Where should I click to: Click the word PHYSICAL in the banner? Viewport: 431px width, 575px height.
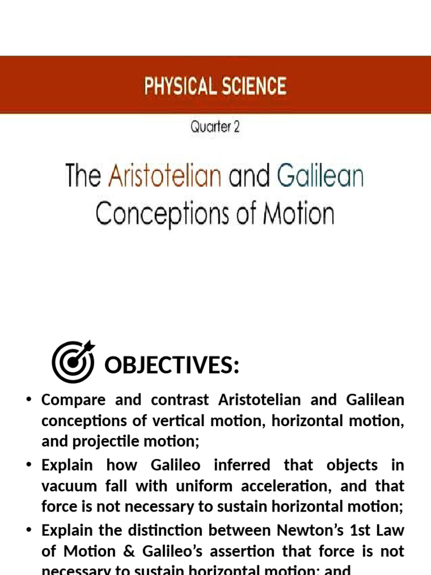click(x=177, y=86)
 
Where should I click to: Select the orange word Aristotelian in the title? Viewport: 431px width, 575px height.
click(x=165, y=176)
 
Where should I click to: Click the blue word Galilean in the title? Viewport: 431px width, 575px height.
click(x=320, y=176)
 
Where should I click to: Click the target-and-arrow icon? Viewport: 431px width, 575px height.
click(x=73, y=362)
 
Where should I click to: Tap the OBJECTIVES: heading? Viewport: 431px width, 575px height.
click(x=172, y=366)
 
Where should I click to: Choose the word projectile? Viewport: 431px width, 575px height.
click(x=100, y=441)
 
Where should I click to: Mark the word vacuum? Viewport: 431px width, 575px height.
click(x=66, y=486)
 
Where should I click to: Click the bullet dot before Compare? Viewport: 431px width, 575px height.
click(x=29, y=400)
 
